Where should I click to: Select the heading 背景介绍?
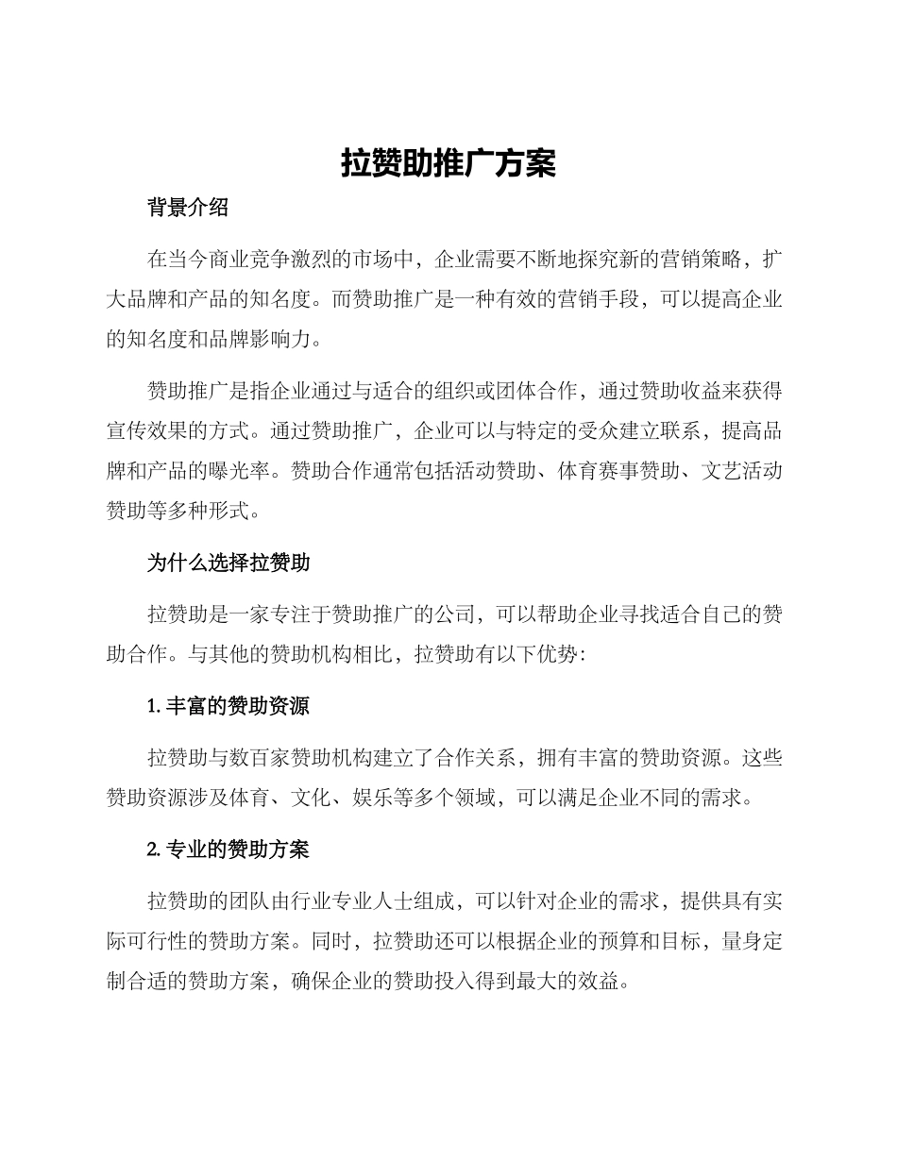click(188, 209)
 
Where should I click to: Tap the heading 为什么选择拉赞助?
click(228, 564)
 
